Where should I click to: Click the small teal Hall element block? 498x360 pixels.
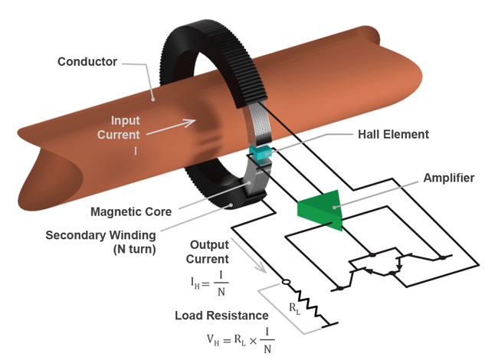tap(262, 152)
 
